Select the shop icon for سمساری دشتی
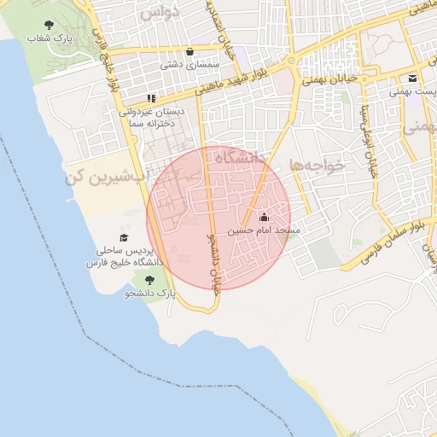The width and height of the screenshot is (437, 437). point(189,51)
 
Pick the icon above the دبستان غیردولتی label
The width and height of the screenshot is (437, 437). point(152,98)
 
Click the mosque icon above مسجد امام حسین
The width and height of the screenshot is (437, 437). point(262,217)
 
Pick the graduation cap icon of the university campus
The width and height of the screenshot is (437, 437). point(124,238)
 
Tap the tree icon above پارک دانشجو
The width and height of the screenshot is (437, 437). point(150,279)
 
